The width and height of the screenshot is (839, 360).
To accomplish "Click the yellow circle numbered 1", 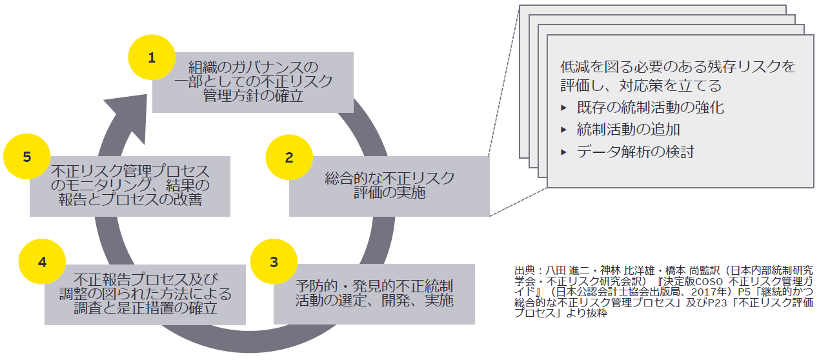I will pos(152,57).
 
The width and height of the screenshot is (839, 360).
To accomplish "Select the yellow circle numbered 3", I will pos(274,262).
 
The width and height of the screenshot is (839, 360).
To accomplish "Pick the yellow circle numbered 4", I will pos(43,262).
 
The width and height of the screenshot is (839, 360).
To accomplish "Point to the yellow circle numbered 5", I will pos(27,157).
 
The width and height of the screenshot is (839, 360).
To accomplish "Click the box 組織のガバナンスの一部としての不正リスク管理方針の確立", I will pos(253,83).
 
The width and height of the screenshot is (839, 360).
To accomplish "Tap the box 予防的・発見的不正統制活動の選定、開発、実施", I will pos(374,293).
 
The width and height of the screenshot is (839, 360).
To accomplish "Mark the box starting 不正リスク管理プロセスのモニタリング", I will pos(130,186).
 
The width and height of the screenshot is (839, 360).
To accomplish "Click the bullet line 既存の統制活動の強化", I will pos(650,108).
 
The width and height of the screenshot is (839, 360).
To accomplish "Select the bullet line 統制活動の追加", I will pos(628,130).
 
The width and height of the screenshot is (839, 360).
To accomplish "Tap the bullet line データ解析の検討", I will pos(635,152).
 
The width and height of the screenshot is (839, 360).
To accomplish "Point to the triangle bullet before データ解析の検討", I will pos(564,152).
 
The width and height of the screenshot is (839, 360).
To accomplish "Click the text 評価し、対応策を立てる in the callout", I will pos(640,85).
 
